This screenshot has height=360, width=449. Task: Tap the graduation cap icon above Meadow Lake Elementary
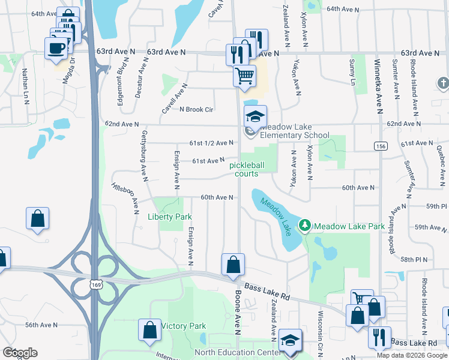tap(255, 116)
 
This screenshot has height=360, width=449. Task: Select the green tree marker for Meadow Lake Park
tap(306, 226)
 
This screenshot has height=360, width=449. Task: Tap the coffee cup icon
tap(56, 47)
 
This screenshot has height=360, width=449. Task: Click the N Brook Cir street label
tap(196, 109)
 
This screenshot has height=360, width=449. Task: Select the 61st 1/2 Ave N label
tap(211, 143)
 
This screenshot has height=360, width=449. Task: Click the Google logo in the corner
tap(20, 353)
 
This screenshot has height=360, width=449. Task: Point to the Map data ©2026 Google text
tap(412, 355)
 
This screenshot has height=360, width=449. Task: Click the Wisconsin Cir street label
tap(321, 336)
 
